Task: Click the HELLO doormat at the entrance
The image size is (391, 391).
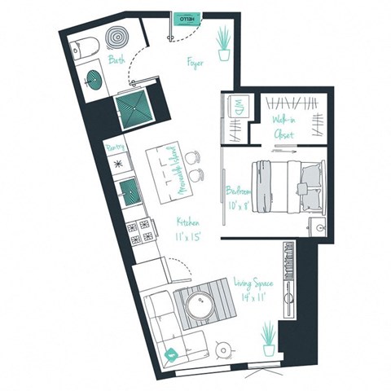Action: point(185,17)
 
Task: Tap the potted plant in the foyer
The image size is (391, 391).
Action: point(222,42)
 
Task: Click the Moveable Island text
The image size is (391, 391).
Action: point(172,169)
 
